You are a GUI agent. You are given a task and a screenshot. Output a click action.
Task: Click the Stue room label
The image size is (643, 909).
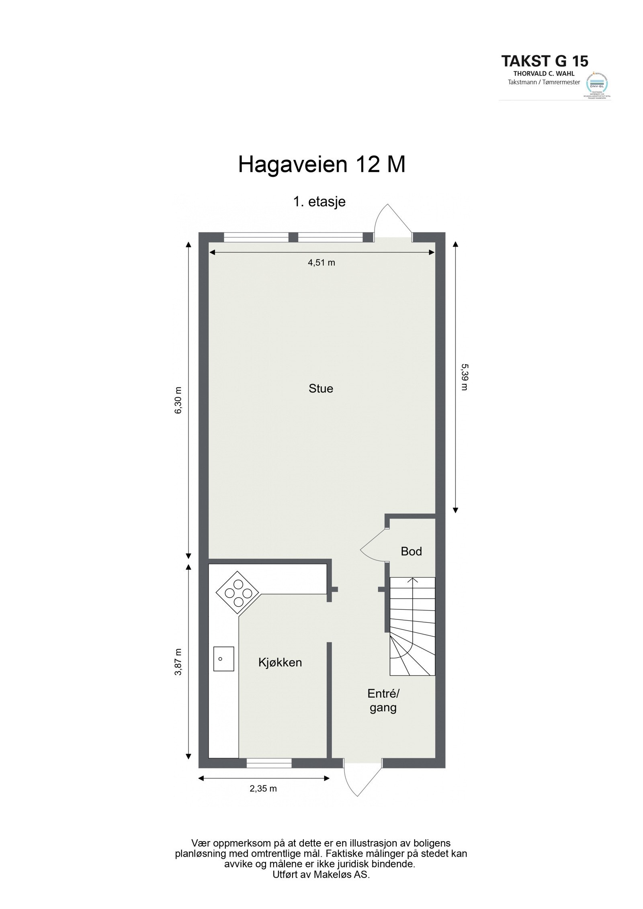point(321,388)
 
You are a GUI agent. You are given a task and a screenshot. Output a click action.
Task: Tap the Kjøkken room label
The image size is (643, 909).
point(280,662)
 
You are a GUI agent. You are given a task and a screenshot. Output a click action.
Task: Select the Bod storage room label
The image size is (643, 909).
point(411,551)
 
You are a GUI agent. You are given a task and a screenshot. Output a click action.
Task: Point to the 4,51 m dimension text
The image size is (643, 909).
point(321,263)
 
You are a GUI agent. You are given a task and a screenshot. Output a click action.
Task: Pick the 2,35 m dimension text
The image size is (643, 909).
point(263,788)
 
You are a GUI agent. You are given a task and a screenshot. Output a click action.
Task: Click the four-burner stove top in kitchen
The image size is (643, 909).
point(237,592)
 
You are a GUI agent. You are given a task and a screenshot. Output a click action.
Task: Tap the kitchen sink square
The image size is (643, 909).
point(224,659)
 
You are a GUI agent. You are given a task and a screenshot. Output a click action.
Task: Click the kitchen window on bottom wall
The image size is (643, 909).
point(268,762)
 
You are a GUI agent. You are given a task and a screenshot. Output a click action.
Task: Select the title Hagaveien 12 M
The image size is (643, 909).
point(321,165)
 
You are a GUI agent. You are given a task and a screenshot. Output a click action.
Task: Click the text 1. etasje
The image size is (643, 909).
point(319,201)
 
